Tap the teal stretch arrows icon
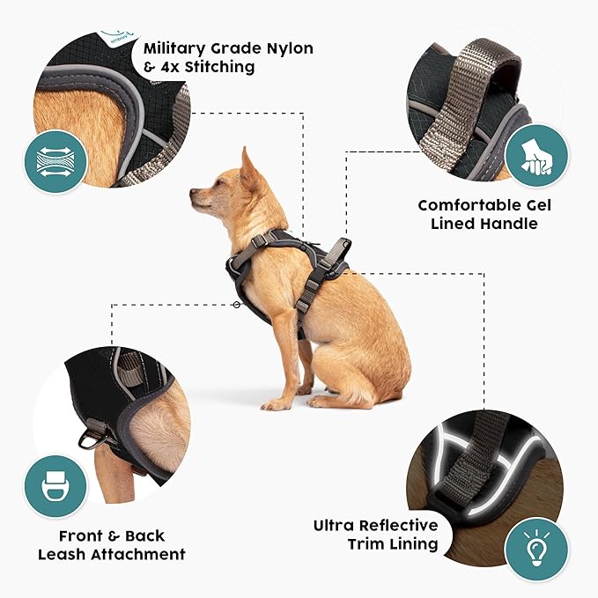pos(55,162)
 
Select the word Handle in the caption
pos(508,224)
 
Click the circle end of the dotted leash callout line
pos(236,305)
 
